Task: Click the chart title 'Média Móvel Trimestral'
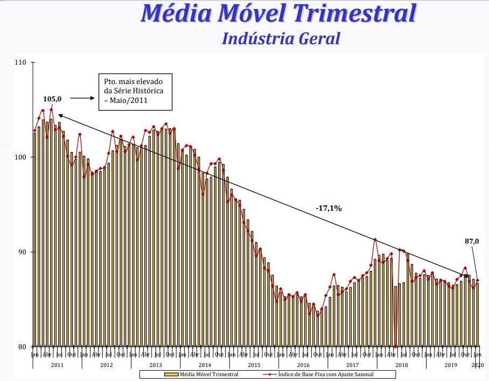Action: coord(278,13)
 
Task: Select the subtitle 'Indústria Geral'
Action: coord(281,39)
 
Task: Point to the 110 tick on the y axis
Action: coord(21,63)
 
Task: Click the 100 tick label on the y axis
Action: coord(21,157)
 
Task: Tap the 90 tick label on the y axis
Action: coord(22,252)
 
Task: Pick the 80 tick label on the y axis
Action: coord(22,347)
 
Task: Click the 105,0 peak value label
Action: coord(52,99)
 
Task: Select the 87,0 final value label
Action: coord(472,241)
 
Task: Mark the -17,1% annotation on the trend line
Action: coord(329,208)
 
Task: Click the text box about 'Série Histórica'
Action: coord(134,91)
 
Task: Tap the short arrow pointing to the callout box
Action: coord(82,98)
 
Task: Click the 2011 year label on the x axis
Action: coord(57,365)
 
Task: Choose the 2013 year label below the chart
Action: coord(156,365)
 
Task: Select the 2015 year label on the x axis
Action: coord(254,365)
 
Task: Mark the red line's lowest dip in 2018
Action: coord(395,347)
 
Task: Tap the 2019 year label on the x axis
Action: coord(450,365)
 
